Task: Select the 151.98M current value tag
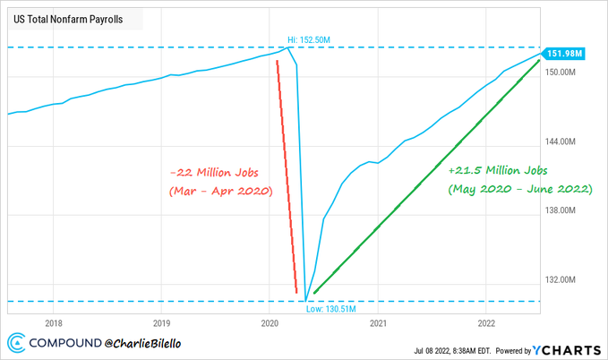[566, 55]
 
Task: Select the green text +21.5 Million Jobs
[498, 169]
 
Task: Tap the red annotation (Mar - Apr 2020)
[219, 193]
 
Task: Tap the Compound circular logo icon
[18, 341]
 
